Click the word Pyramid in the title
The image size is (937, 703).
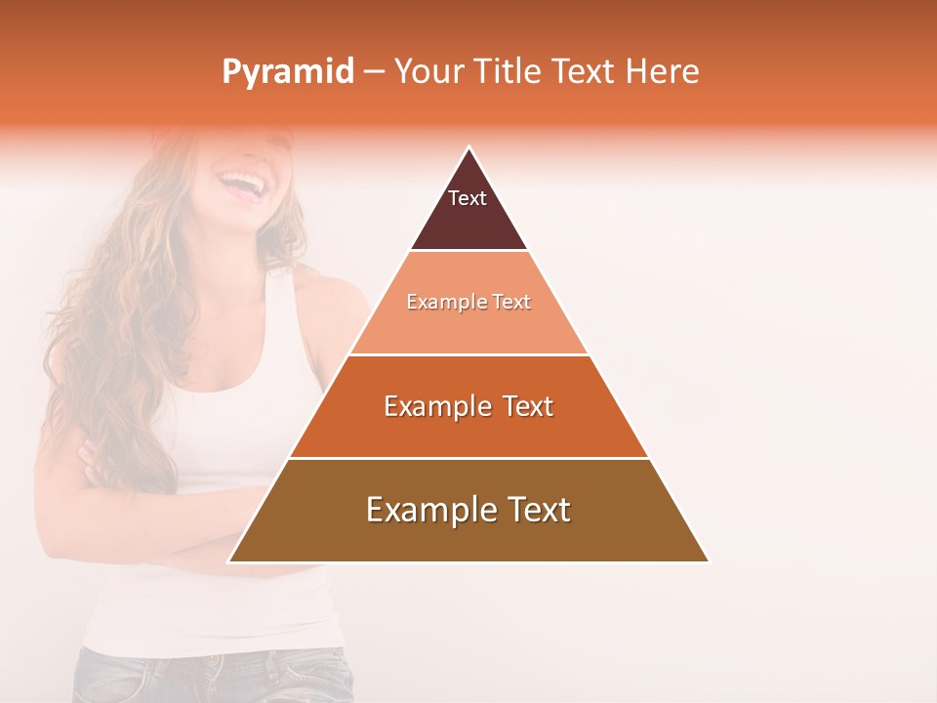tap(287, 72)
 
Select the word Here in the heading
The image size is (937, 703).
tap(662, 71)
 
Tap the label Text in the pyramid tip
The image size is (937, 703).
tap(468, 198)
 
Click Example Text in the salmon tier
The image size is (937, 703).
tap(468, 302)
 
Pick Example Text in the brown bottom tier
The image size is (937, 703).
tap(468, 510)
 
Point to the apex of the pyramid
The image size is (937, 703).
tap(468, 148)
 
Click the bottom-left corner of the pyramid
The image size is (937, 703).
tap(230, 560)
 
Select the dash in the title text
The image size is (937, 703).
tap(374, 72)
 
